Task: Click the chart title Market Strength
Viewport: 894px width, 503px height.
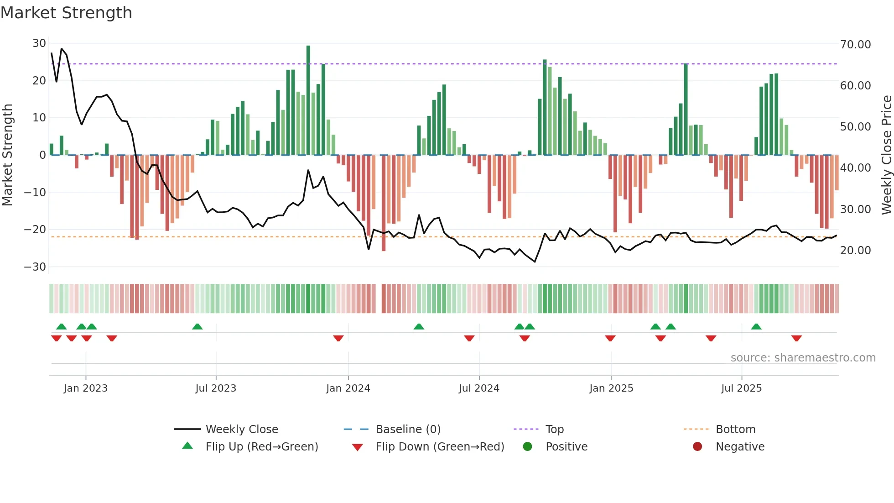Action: coord(66,13)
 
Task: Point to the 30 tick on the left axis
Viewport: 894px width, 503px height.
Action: coord(39,43)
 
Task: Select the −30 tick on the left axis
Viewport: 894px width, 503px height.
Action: coord(35,267)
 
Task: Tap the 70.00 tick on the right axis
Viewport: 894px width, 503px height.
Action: coord(855,45)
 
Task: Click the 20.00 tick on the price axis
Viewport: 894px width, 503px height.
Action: coord(855,251)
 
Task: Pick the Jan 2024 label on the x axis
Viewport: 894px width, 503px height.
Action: coord(348,388)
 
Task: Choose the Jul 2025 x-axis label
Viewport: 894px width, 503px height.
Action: coord(741,388)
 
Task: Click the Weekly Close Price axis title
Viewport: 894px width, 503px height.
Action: coord(886,155)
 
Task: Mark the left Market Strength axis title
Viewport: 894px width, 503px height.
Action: coord(7,155)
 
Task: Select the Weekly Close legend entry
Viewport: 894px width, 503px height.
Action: coord(241,430)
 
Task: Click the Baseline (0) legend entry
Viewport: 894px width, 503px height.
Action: coord(408,430)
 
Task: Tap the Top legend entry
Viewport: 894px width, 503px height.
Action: coord(554,430)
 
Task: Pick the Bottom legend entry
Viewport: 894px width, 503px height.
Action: coord(735,430)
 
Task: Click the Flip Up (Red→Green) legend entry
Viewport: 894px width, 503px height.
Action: coord(261,447)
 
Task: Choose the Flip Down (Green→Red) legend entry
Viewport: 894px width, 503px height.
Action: coord(440,447)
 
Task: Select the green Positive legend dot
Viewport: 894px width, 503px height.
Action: coord(528,447)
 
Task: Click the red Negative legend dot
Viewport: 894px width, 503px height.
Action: coord(697,447)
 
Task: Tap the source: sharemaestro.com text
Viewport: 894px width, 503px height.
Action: coord(803,358)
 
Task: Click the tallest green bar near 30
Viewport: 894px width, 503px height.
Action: coord(308,100)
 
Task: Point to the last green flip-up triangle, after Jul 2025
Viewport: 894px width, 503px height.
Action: coord(756,327)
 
